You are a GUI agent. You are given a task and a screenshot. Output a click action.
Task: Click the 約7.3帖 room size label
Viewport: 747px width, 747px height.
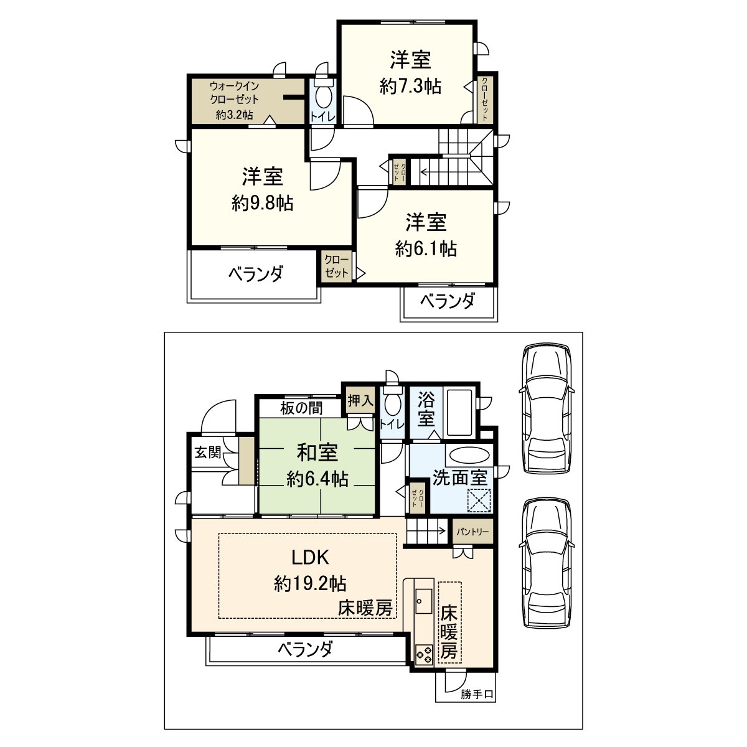point(410,86)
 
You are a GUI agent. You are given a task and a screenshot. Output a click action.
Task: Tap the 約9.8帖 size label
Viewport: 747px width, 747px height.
point(262,203)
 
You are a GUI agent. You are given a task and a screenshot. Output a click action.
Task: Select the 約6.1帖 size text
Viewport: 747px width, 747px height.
point(426,248)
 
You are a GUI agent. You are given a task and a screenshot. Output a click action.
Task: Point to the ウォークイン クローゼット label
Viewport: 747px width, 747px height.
point(234,92)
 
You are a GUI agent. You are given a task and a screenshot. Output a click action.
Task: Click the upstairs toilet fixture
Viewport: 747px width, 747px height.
point(323,96)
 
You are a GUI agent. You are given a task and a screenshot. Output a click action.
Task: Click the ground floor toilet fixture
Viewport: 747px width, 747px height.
point(392,403)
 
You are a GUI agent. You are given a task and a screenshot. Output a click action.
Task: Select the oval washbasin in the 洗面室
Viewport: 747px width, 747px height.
point(469,455)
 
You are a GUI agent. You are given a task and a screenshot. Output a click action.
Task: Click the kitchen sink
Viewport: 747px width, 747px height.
point(423,600)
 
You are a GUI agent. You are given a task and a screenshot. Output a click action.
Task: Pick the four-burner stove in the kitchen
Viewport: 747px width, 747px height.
point(425,654)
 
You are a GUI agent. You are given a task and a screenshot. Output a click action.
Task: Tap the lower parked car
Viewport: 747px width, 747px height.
point(547,562)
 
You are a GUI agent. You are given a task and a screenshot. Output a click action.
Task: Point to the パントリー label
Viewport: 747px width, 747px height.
point(472,532)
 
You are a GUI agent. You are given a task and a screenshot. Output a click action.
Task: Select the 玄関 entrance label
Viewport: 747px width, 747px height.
point(208,452)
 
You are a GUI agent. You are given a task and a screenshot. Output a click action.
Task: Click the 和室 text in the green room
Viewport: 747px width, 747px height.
point(317,453)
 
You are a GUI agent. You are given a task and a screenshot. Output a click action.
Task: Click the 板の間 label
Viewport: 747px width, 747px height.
point(301,408)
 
